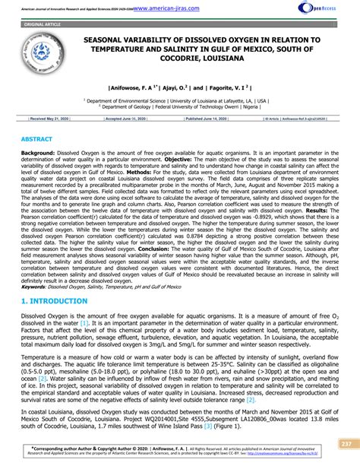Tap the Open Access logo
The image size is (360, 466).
331,10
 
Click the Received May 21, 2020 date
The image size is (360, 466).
49,119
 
